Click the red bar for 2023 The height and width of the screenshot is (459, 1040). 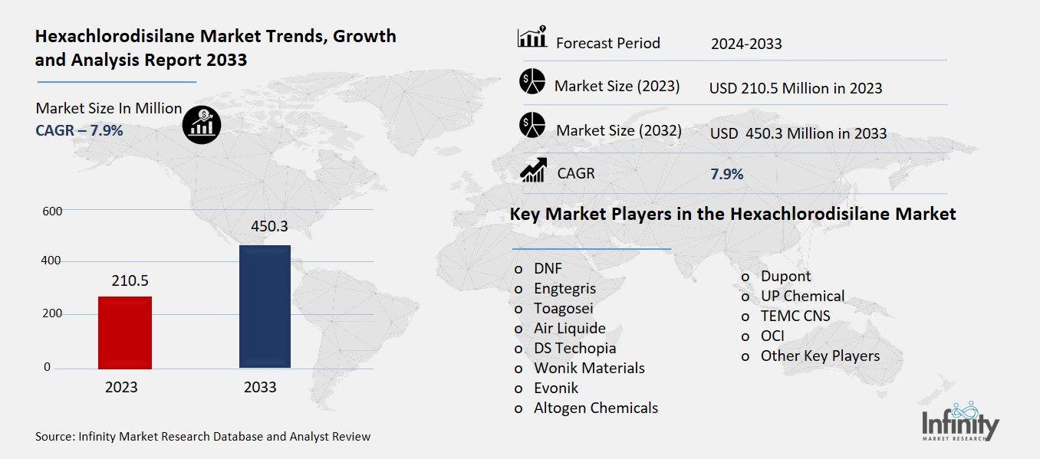point(125,332)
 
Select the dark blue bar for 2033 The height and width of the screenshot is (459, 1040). point(265,307)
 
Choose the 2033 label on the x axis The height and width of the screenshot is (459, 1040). point(260,388)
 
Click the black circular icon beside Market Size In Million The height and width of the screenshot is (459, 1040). point(202,123)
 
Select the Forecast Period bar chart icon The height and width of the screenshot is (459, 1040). point(532,38)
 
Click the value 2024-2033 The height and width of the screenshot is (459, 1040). point(746,44)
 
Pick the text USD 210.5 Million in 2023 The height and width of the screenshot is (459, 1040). point(795,88)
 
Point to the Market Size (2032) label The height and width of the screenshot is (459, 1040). point(618,130)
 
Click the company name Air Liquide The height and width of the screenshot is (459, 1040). point(570,328)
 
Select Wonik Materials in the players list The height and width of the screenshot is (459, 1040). point(589,368)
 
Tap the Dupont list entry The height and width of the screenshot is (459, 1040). point(785,276)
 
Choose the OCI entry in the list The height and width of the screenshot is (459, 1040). point(772,336)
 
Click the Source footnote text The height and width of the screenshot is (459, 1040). point(202,437)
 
